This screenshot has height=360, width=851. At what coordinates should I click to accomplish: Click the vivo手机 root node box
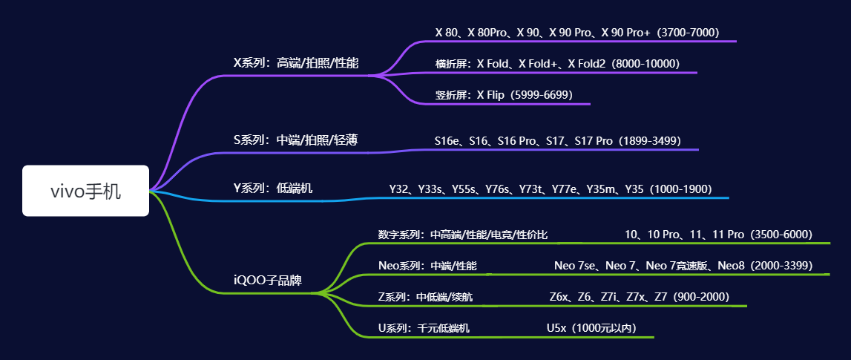click(x=85, y=191)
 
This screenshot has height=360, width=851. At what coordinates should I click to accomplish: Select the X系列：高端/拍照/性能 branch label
click(x=296, y=63)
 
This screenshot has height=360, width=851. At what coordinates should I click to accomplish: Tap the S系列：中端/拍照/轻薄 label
click(x=296, y=140)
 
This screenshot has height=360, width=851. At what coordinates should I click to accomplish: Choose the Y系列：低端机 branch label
click(x=273, y=189)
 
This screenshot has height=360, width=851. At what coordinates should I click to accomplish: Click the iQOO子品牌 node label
click(x=268, y=281)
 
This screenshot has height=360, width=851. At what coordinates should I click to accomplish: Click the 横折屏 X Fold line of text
click(x=557, y=64)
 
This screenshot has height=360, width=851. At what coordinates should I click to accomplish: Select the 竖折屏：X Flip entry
click(x=504, y=95)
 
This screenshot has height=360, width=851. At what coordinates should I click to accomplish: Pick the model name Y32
click(x=399, y=189)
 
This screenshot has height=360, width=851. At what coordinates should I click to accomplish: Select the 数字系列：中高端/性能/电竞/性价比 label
click(x=463, y=235)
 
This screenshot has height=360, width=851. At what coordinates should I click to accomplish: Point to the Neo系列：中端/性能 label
click(x=427, y=266)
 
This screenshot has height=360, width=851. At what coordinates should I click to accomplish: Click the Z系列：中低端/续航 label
click(x=426, y=297)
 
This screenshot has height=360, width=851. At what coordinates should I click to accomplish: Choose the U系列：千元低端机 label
click(x=424, y=328)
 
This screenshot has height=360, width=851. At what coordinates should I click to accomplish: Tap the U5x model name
click(x=556, y=328)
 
